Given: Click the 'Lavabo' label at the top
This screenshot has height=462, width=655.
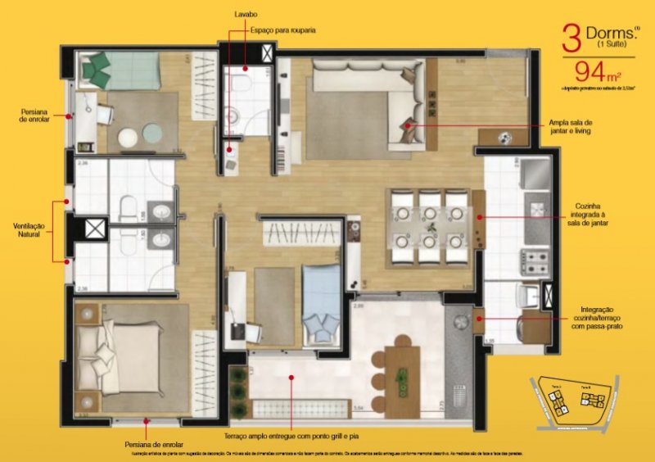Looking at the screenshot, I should tap(244, 14).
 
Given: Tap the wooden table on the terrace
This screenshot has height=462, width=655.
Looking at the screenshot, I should tap(401, 381).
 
